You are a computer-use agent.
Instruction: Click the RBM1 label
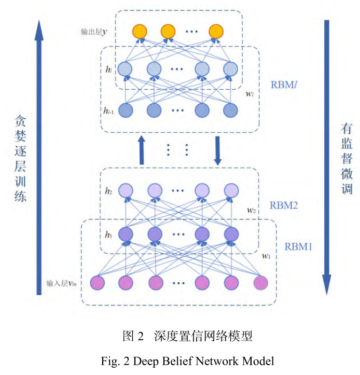coord(298,246)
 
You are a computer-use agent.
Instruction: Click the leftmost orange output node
coord(139,32)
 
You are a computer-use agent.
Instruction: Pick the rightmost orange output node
coord(216,32)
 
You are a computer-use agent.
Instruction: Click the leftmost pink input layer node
coord(98,283)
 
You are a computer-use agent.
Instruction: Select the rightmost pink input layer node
coord(260,283)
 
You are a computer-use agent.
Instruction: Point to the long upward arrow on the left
coord(38,156)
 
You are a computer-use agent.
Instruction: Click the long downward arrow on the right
coord(327,156)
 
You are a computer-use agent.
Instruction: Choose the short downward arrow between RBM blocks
coord(218,150)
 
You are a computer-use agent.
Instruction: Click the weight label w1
coord(266,256)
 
